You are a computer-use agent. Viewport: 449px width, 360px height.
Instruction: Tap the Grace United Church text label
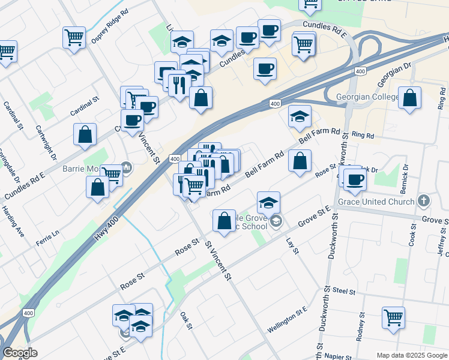pyautogui.click(x=376, y=202)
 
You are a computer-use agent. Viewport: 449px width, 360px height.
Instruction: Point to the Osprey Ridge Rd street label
pyautogui.click(x=110, y=26)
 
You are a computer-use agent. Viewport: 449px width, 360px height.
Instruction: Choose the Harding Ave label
pyautogui.click(x=12, y=222)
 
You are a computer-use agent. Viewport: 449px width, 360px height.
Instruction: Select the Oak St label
pyautogui.click(x=185, y=320)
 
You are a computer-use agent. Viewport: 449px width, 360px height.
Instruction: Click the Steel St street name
pyautogui.click(x=344, y=290)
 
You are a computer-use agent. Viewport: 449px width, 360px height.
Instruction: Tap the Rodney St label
pyautogui.click(x=360, y=326)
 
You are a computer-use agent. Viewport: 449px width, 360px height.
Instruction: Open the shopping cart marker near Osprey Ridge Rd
pyautogui.click(x=74, y=38)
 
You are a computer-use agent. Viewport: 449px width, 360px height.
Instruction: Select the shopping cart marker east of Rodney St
pyautogui.click(x=393, y=318)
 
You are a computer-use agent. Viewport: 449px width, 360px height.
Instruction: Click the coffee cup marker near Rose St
pyautogui.click(x=354, y=179)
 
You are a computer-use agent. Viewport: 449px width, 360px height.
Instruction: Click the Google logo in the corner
pyautogui.click(x=20, y=353)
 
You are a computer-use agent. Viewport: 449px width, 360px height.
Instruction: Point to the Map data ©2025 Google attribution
pyautogui.click(x=412, y=355)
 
